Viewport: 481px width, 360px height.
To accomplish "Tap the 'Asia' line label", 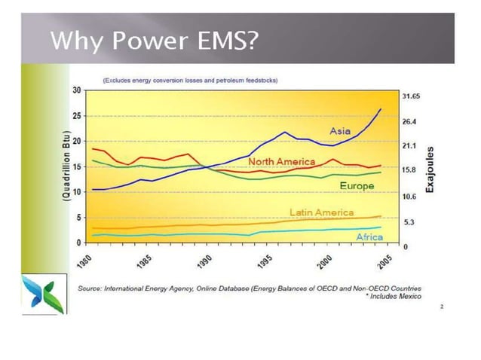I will (x=340, y=131).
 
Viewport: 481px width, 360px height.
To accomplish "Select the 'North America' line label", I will (x=281, y=162).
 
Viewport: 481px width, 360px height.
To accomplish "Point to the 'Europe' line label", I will (x=357, y=185).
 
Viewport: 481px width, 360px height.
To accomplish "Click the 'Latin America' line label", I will (x=321, y=212).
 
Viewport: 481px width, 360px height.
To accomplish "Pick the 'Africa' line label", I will (x=369, y=236).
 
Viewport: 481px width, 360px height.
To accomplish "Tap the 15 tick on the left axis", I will (x=77, y=167).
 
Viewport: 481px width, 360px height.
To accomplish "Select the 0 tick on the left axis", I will (x=79, y=243).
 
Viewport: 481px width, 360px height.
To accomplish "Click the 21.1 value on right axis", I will (x=409, y=145).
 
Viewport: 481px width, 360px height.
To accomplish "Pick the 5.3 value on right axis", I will (x=408, y=223).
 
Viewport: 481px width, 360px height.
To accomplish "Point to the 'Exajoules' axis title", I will (x=430, y=168).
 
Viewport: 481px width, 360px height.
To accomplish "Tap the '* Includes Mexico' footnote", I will (x=392, y=297).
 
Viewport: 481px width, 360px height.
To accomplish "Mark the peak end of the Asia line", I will (x=381, y=109).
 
